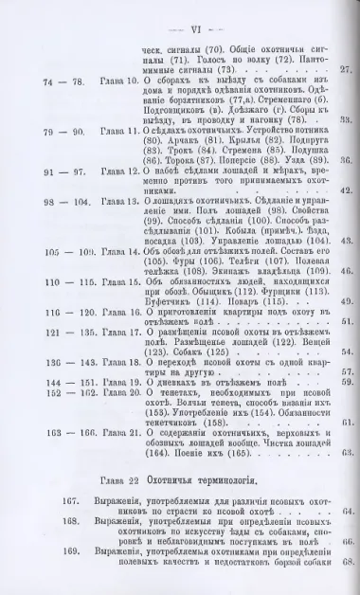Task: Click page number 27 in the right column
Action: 347,70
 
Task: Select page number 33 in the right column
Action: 347,120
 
